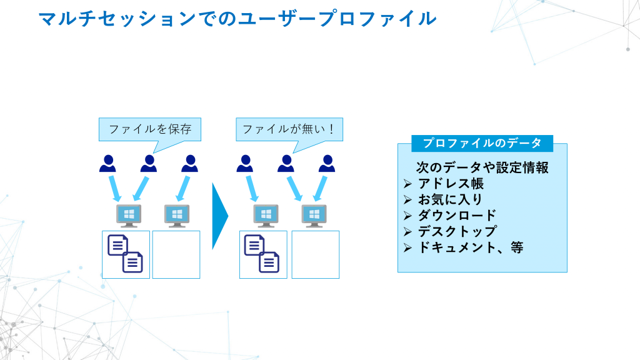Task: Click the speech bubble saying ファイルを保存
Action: point(149,129)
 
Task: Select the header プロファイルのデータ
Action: point(482,143)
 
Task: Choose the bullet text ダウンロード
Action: point(457,216)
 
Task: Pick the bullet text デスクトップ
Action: point(457,231)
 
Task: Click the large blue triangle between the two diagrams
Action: point(219,216)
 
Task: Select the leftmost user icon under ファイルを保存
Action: point(107,164)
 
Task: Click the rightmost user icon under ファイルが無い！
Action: point(326,164)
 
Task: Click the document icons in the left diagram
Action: point(126,253)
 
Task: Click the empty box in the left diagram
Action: point(176,254)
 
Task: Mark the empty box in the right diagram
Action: point(315,254)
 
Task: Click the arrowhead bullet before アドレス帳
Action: point(407,184)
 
